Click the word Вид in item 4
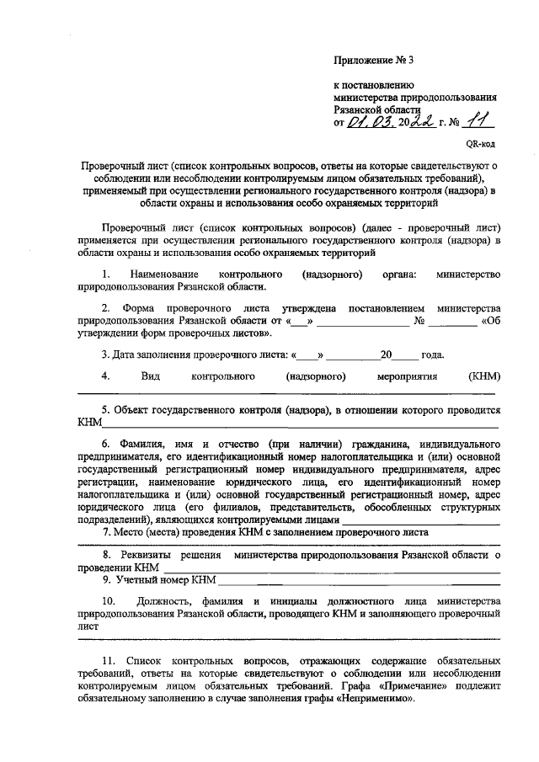(x=151, y=376)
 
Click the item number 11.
(x=107, y=662)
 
